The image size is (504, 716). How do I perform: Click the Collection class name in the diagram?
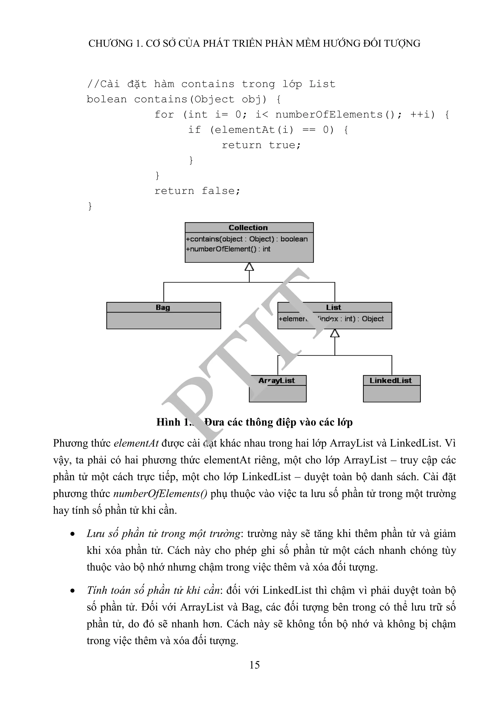coord(248,228)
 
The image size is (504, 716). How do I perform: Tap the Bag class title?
coord(163,308)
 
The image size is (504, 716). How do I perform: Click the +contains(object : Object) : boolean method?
coord(247,239)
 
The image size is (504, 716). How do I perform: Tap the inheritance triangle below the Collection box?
coord(249,267)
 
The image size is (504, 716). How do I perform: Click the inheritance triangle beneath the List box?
coord(335,333)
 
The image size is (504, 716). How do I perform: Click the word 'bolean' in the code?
coord(107,99)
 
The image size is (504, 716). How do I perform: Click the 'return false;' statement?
coord(197,191)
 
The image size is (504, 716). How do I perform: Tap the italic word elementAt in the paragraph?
coord(136,443)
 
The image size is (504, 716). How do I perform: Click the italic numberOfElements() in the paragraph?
coord(160,494)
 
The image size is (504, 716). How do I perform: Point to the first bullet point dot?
coord(73,534)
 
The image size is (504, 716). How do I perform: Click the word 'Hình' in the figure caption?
coord(168,422)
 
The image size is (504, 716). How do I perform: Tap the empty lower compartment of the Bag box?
coord(163,321)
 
